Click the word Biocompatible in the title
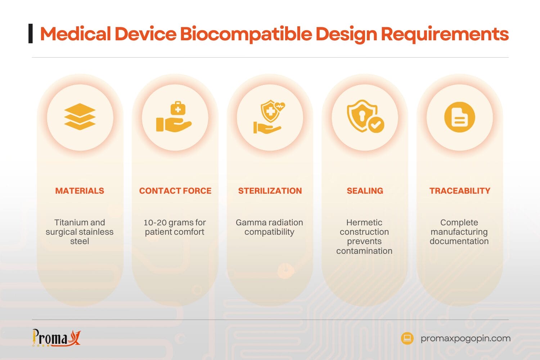[246, 34]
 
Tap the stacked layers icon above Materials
[80, 117]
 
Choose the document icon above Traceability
[459, 117]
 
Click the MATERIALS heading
[80, 191]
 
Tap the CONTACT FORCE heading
[175, 191]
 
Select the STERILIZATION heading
[270, 191]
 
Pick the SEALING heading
[365, 191]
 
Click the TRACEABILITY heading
[460, 191]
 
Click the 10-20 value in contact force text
[155, 222]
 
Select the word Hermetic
[364, 222]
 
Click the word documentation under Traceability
[459, 241]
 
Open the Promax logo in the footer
[56, 338]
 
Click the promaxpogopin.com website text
[465, 338]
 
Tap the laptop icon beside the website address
[407, 338]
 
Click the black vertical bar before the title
[31, 33]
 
